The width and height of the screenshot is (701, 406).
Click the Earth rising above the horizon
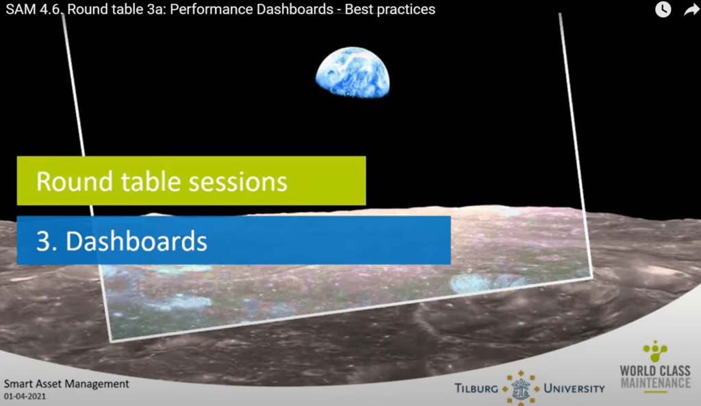pos(353,72)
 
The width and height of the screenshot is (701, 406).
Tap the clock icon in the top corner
pos(663,10)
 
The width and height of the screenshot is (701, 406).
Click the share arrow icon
pos(691,10)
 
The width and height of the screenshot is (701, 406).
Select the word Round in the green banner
pos(75,181)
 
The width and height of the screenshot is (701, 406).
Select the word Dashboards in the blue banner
pos(136,241)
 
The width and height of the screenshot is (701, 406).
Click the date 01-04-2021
pos(25,396)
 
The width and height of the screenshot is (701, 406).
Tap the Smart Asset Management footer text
pos(66,383)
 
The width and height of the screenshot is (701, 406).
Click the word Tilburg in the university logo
pos(476,389)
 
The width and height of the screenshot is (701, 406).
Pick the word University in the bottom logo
pos(574,389)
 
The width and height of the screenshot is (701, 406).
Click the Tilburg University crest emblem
pos(520,388)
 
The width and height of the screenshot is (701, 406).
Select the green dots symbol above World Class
pos(655,351)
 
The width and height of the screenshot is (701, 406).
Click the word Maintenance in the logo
pos(655,383)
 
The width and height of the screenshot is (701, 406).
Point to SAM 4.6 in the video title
pos(34,10)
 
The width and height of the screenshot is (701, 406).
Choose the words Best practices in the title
pos(390,10)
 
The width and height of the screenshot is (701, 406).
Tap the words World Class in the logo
pos(655,370)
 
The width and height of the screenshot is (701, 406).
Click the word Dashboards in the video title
pos(296,10)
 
